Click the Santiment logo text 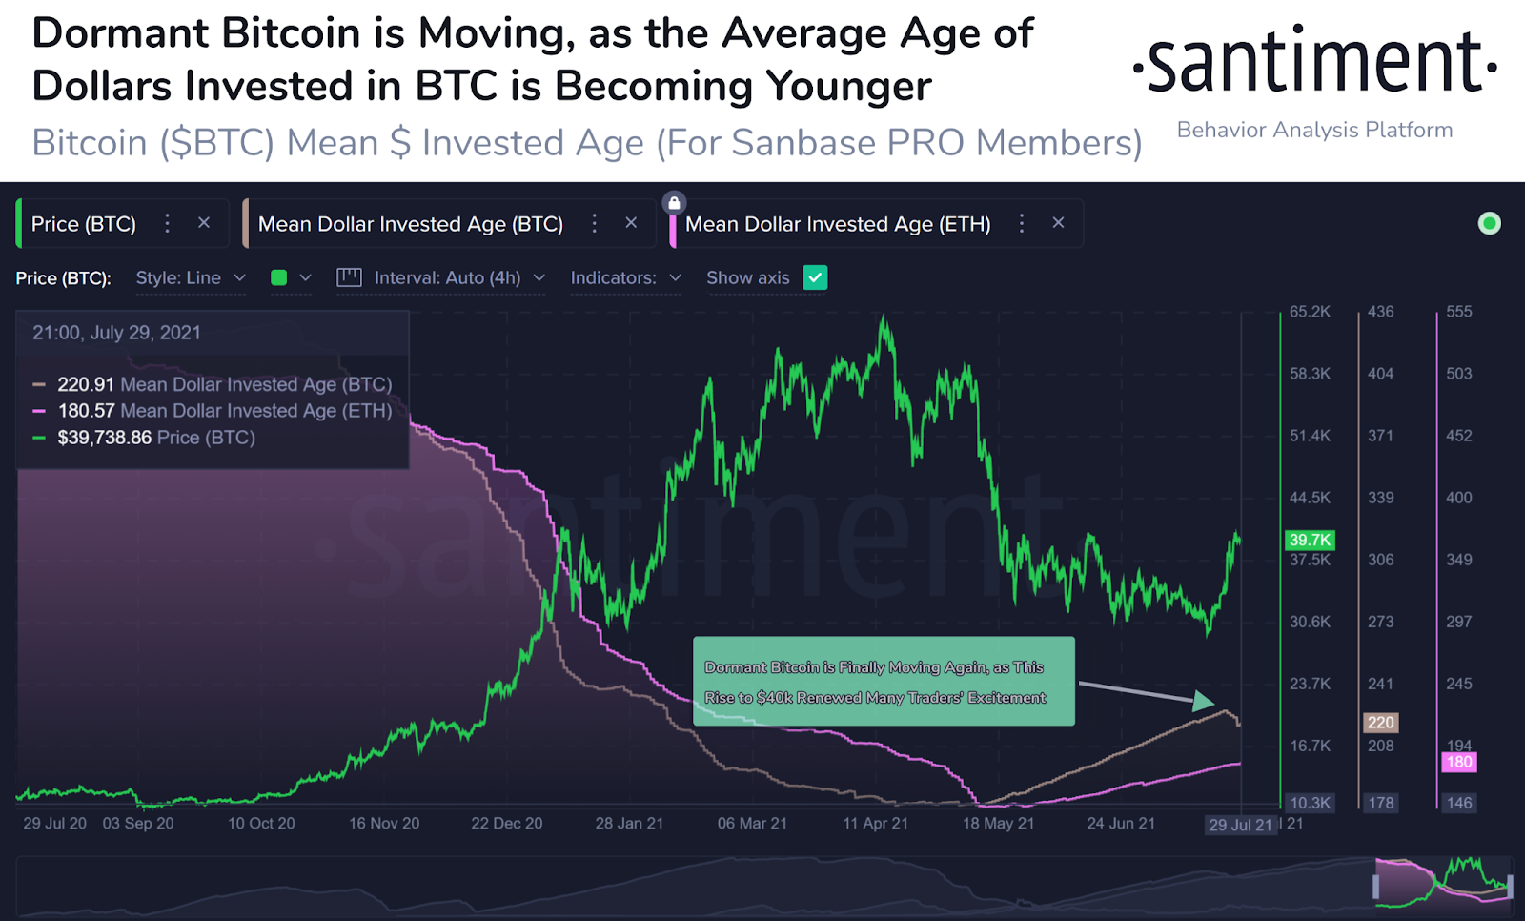1315,63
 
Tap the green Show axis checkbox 815,277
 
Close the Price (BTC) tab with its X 204,223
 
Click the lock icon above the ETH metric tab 674,202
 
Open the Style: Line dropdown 191,277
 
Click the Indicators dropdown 625,277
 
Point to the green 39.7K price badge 1310,540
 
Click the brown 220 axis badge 1380,723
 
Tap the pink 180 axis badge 1458,762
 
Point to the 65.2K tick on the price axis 1310,312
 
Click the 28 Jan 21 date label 629,824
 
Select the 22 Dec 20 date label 506,824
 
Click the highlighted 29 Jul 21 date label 1240,825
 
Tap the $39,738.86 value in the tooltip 104,438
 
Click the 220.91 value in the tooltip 86,384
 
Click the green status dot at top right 1489,223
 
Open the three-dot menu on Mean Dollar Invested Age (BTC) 595,223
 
